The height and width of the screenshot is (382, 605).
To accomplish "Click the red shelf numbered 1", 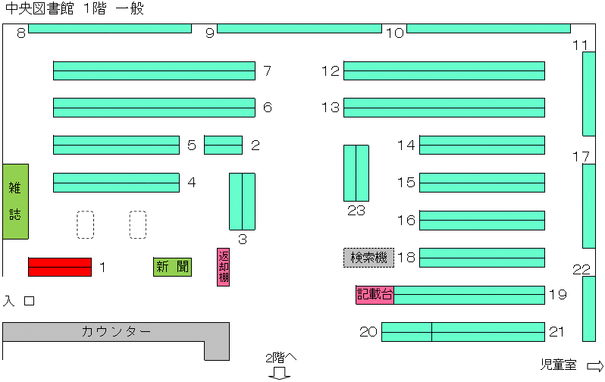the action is click(x=60, y=267).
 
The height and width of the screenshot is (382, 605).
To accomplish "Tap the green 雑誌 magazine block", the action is click(x=15, y=202).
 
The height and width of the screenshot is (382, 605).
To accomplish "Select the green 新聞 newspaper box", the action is click(x=172, y=267).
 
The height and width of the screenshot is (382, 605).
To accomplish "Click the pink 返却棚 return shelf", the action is click(x=223, y=267).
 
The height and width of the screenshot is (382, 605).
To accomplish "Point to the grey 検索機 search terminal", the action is click(x=369, y=258).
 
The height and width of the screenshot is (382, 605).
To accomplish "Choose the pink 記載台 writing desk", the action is click(x=375, y=295).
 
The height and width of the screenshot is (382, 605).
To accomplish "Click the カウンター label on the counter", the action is click(x=116, y=331).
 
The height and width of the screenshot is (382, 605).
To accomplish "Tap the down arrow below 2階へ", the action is click(x=279, y=373).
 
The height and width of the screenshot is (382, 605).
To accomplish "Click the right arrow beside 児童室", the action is click(x=595, y=366).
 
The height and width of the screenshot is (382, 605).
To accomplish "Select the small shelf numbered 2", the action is click(x=223, y=145).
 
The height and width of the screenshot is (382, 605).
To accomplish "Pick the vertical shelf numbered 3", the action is click(x=242, y=202).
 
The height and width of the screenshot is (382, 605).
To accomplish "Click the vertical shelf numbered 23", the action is click(x=356, y=174).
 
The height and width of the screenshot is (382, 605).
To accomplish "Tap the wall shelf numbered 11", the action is click(x=589, y=94).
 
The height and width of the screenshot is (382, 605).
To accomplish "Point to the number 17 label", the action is click(x=581, y=157).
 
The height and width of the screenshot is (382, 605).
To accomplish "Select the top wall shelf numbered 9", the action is click(x=299, y=28).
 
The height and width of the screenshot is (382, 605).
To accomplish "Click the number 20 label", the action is click(x=368, y=332).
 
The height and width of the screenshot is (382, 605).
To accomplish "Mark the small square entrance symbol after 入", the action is click(x=30, y=301).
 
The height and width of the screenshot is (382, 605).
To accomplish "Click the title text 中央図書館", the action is click(x=39, y=8).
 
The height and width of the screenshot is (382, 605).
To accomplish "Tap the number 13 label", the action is click(x=331, y=108).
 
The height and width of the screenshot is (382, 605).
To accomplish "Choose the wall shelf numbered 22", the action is click(x=589, y=308).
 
